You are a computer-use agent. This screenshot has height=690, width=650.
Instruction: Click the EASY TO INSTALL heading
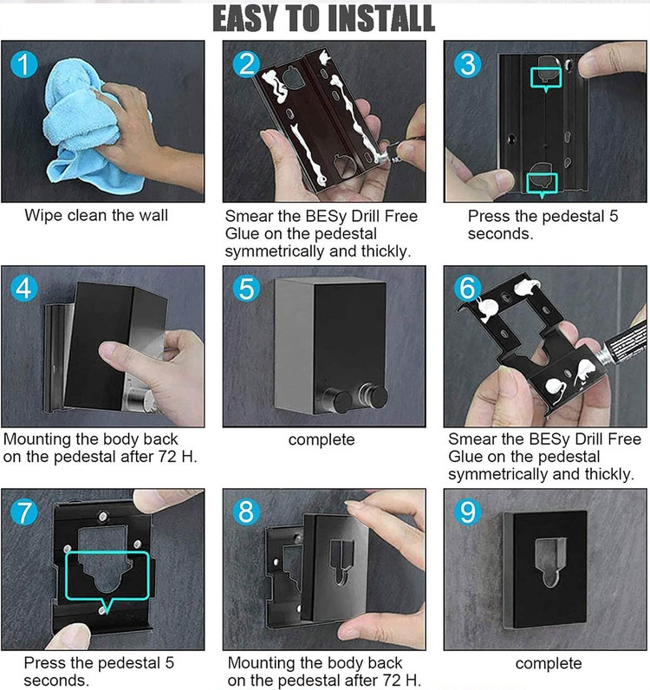(324, 19)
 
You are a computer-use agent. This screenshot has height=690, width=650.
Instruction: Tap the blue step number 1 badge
(23, 64)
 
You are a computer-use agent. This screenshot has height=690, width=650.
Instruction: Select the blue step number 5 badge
(246, 289)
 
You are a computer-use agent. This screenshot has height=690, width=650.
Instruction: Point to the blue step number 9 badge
(468, 512)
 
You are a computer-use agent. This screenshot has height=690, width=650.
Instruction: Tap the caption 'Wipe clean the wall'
(96, 215)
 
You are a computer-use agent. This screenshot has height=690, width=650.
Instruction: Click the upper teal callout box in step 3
(546, 79)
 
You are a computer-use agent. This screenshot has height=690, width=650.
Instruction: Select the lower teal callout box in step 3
(543, 185)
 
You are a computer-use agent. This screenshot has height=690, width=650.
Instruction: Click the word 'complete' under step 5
(322, 439)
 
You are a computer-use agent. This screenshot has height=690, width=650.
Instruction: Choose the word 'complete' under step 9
(549, 663)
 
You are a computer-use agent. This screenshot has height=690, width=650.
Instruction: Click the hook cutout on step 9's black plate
(550, 561)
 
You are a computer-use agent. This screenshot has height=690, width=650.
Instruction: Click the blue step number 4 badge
(23, 289)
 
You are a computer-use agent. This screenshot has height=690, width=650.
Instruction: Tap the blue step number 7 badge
(23, 512)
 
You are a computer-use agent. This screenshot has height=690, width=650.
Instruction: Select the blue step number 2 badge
(246, 64)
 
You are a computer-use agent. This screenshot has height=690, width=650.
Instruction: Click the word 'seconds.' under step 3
(500, 234)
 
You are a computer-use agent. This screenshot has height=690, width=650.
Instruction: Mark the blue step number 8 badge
(246, 512)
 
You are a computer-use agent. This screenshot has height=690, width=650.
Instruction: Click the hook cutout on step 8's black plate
(341, 561)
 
